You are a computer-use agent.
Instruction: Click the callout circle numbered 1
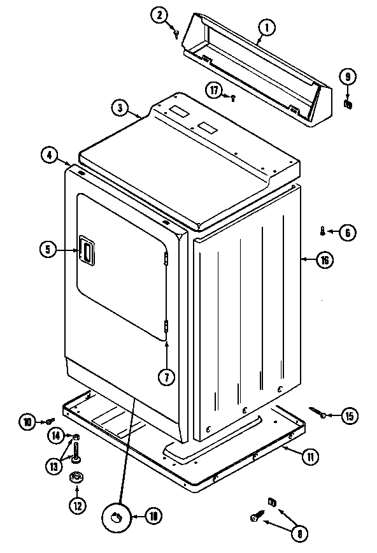click(x=266, y=27)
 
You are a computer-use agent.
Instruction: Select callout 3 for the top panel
click(x=119, y=107)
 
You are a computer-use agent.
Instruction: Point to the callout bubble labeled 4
click(x=49, y=154)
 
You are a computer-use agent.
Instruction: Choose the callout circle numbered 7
click(x=166, y=377)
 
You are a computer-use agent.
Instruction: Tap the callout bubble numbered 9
click(x=347, y=77)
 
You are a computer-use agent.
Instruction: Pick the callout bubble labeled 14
click(x=56, y=436)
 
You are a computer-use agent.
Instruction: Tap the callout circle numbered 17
click(x=215, y=90)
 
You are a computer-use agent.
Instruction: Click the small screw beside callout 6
click(x=324, y=231)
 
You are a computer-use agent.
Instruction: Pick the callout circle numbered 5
click(x=48, y=249)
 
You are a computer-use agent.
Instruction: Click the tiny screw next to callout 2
click(x=175, y=35)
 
